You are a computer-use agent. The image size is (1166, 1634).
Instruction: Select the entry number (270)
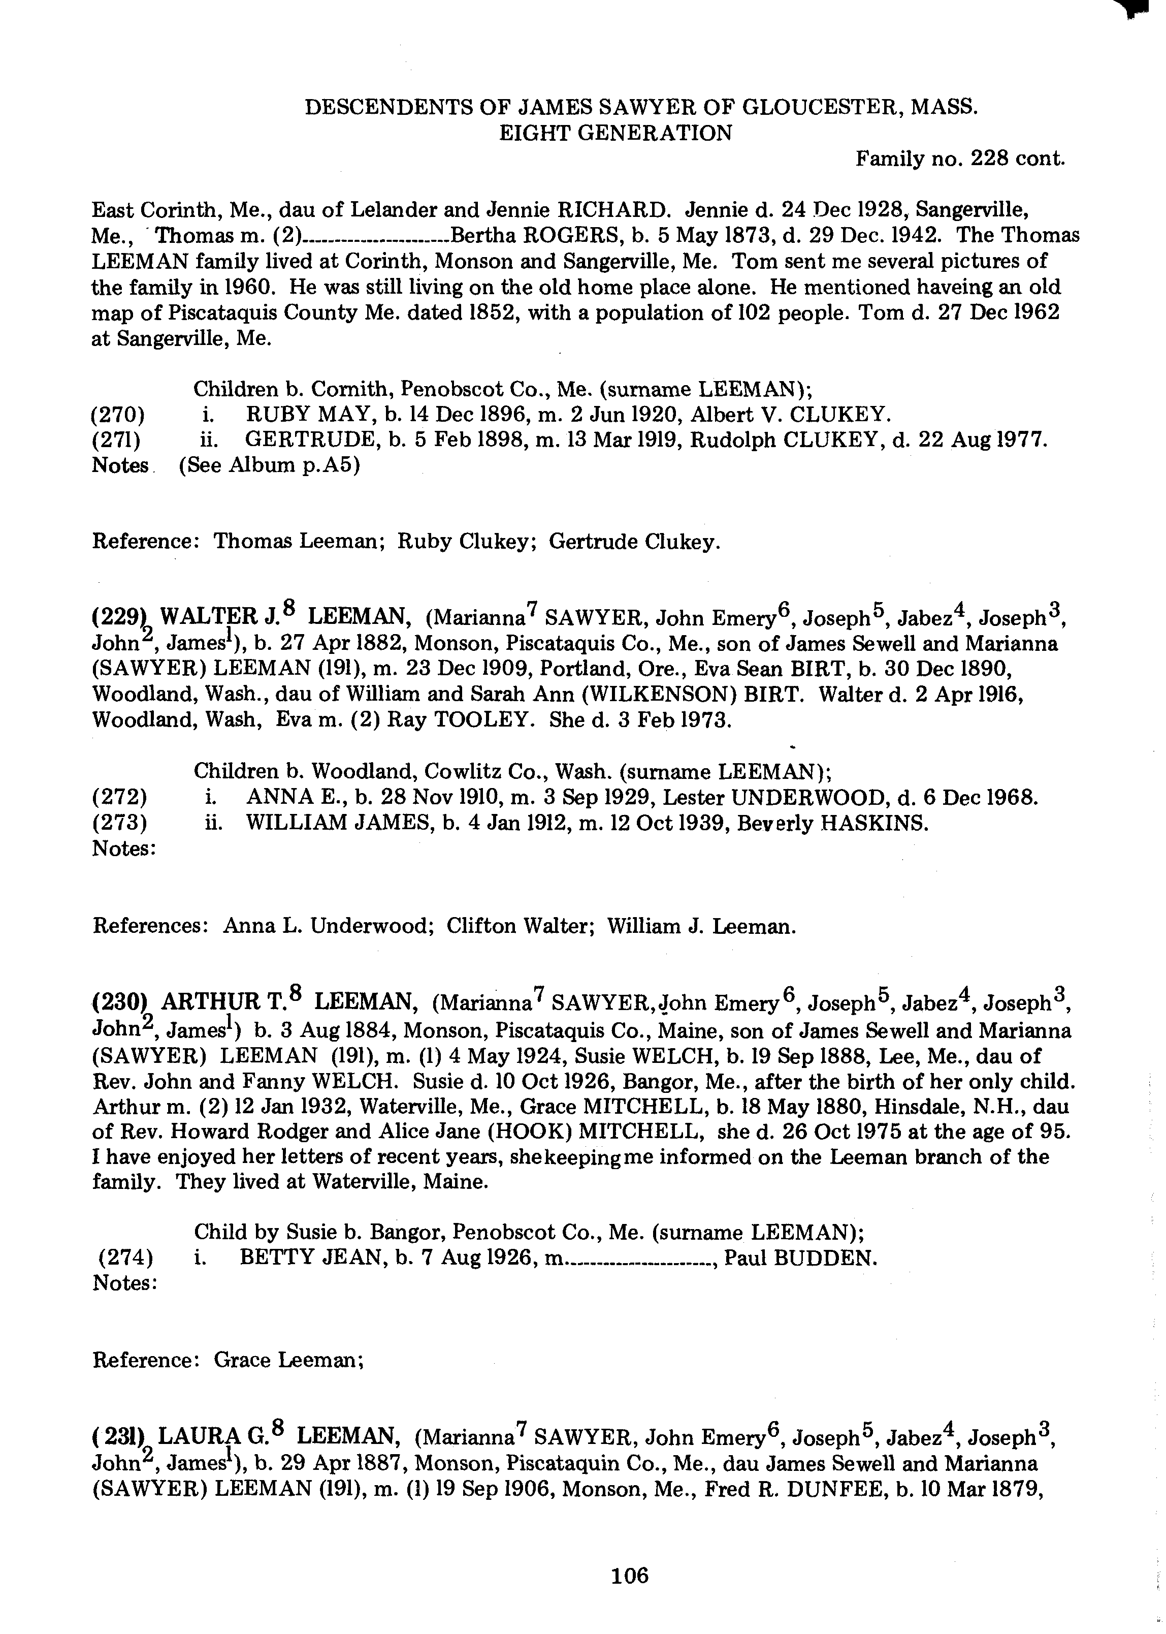point(118,415)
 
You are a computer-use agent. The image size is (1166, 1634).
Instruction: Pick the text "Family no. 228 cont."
point(959,159)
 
